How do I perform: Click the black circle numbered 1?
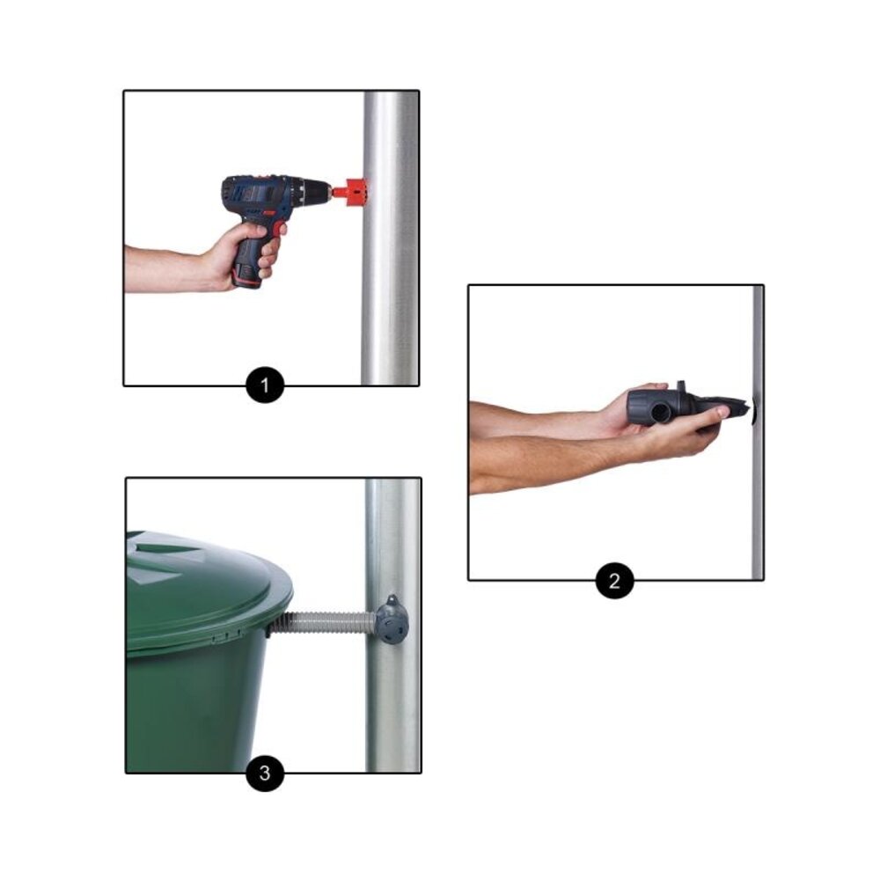(265, 385)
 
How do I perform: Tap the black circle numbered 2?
(614, 580)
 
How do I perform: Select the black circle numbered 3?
(265, 773)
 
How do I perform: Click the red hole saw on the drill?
(352, 193)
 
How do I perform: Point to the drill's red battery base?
(247, 275)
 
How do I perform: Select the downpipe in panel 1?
(391, 238)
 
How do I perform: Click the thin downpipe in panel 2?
(758, 432)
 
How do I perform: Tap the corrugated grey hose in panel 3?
(324, 623)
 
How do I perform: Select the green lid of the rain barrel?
(209, 590)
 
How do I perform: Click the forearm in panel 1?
(168, 269)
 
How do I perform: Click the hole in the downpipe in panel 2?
(752, 411)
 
